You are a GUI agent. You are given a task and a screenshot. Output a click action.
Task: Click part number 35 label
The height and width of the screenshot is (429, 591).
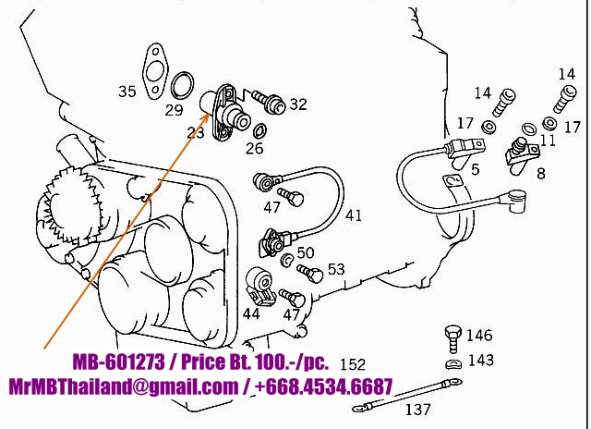tap(127, 92)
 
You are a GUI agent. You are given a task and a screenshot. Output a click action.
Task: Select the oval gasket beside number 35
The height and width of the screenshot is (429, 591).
tap(154, 72)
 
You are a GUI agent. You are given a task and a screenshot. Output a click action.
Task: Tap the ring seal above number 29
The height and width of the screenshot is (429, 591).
tap(183, 85)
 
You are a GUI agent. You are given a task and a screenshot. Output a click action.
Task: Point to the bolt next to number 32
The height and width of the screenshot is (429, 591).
tap(268, 101)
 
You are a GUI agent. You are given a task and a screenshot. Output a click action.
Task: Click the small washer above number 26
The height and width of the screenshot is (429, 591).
tap(260, 130)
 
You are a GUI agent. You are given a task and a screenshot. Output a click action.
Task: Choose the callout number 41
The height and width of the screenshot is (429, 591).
tap(354, 215)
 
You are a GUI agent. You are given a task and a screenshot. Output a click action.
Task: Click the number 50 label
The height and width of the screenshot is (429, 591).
tap(306, 252)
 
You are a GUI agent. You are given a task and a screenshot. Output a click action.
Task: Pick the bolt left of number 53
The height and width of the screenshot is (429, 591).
tap(310, 273)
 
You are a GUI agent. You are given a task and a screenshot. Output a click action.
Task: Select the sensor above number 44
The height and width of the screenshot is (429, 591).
tap(260, 286)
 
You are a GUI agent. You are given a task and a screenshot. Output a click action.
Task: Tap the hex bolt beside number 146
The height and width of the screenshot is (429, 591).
tap(453, 337)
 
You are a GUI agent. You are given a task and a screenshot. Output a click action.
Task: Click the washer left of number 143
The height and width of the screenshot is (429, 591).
tap(453, 363)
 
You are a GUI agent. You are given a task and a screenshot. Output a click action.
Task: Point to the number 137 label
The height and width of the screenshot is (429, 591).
tap(417, 410)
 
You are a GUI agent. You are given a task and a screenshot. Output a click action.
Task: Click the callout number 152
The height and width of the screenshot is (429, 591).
tap(353, 364)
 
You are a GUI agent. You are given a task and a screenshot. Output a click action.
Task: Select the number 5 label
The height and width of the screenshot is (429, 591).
tap(476, 170)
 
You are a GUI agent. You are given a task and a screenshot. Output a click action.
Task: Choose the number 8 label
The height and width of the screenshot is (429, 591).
tap(541, 174)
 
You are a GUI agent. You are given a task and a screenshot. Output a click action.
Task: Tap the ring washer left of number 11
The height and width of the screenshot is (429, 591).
tap(529, 129)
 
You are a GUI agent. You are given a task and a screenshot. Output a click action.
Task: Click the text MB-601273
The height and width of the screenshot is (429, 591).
tap(119, 362)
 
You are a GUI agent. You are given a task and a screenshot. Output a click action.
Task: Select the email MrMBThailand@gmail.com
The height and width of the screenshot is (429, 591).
tap(123, 386)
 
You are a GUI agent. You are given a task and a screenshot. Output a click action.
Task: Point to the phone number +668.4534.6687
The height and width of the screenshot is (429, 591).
tap(324, 386)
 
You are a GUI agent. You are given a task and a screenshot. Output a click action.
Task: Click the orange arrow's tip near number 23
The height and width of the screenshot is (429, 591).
tap(210, 112)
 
